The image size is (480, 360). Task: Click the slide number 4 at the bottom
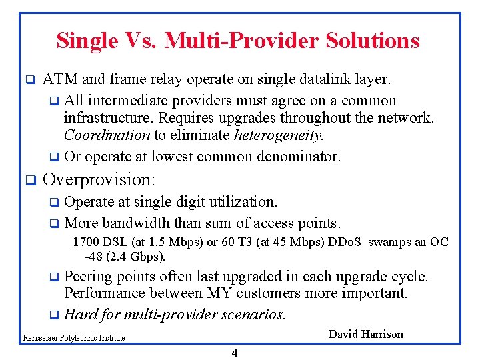coord(234,353)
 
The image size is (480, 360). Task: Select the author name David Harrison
coord(366,334)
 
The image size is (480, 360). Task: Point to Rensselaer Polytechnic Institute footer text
coord(73,338)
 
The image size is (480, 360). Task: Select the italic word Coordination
coord(107,135)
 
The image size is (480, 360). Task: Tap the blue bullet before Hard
coord(54,314)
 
